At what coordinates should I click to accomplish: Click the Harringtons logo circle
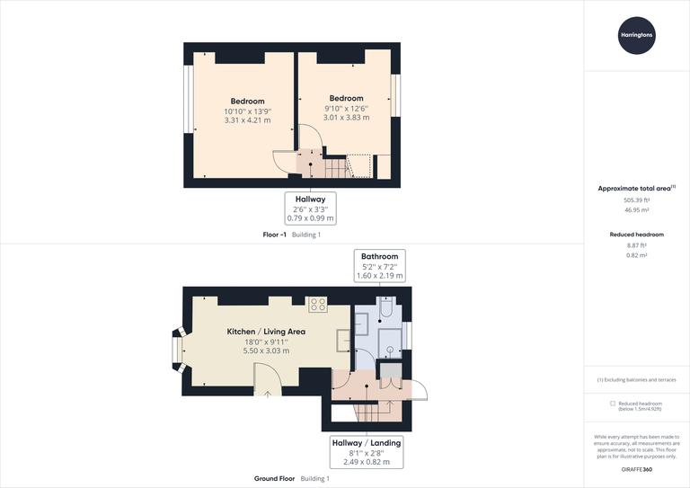[x=636, y=36]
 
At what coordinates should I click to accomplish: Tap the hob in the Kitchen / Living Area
[x=318, y=305]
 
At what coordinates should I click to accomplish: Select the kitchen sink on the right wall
[x=343, y=340]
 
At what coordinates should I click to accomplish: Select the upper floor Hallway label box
[x=311, y=208]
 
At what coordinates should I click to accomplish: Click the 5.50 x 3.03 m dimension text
[x=266, y=350]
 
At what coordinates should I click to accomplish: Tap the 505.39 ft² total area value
[x=636, y=200]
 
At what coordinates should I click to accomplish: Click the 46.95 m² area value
[x=636, y=210]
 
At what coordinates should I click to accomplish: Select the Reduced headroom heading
[x=636, y=234]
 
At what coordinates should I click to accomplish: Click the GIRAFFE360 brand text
[x=636, y=470]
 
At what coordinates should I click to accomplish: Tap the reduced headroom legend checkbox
[x=613, y=404]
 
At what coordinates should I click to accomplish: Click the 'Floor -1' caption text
[x=274, y=235]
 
